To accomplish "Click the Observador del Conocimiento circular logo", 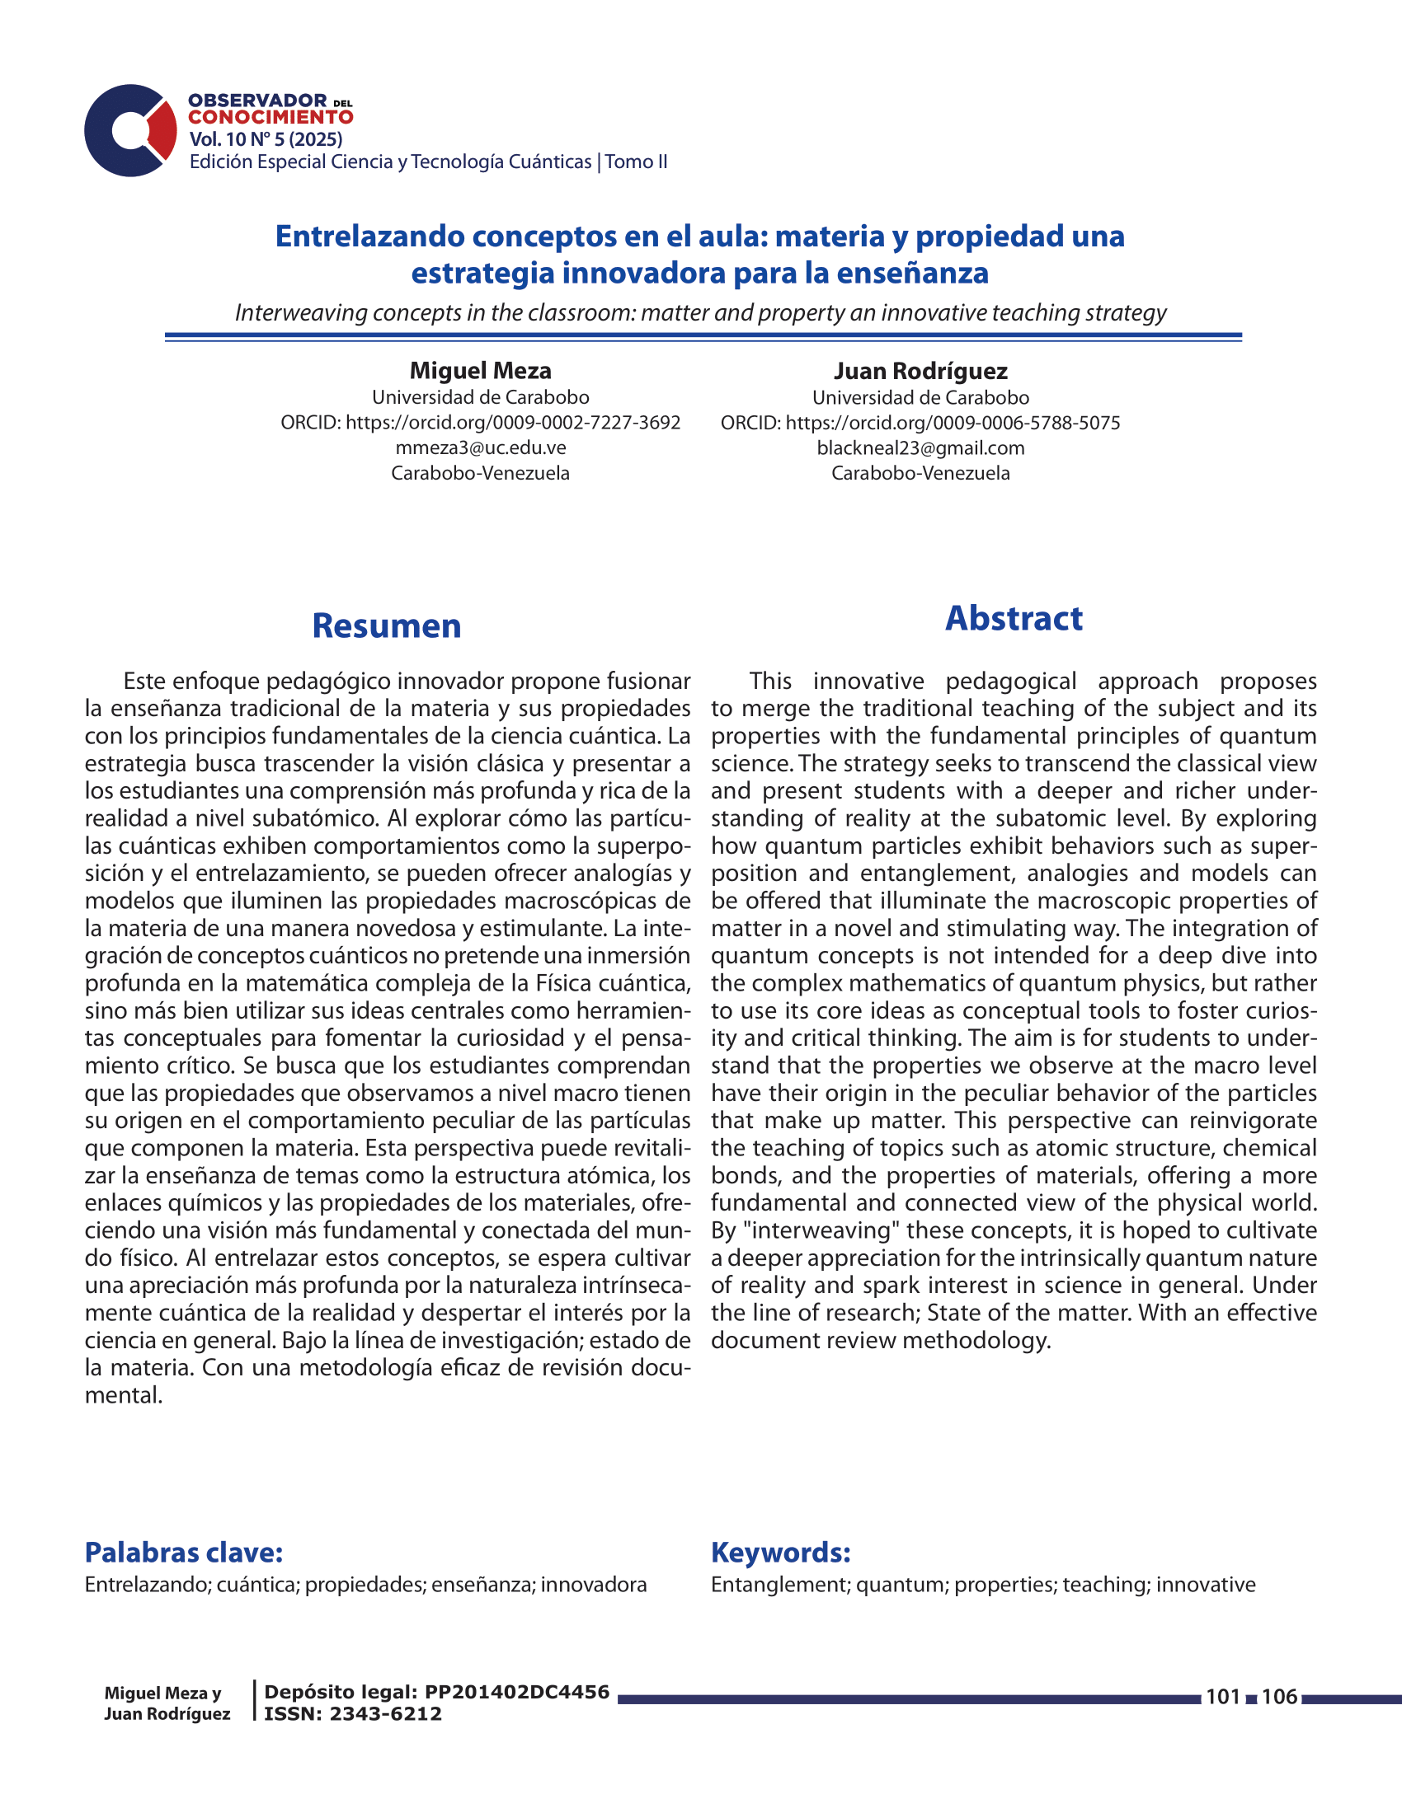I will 130,130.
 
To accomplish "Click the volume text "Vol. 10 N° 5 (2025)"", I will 266,139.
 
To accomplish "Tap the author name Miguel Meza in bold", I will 480,370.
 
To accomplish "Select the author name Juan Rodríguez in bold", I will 920,371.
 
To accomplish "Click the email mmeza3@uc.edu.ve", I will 480,448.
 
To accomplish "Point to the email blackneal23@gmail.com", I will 920,448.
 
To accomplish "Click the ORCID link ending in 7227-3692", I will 512,423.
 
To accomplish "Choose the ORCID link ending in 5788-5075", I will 953,423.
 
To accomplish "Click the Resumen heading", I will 386,626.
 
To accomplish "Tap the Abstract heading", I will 1014,618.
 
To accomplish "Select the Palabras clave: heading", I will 184,1552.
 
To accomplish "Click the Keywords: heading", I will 780,1552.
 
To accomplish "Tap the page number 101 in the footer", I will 1222,1697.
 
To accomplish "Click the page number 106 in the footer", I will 1279,1697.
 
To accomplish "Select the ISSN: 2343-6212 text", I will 353,1714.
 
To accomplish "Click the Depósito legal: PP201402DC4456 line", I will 437,1692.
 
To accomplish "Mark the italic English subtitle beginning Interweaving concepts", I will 700,313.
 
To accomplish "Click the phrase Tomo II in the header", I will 636,162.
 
